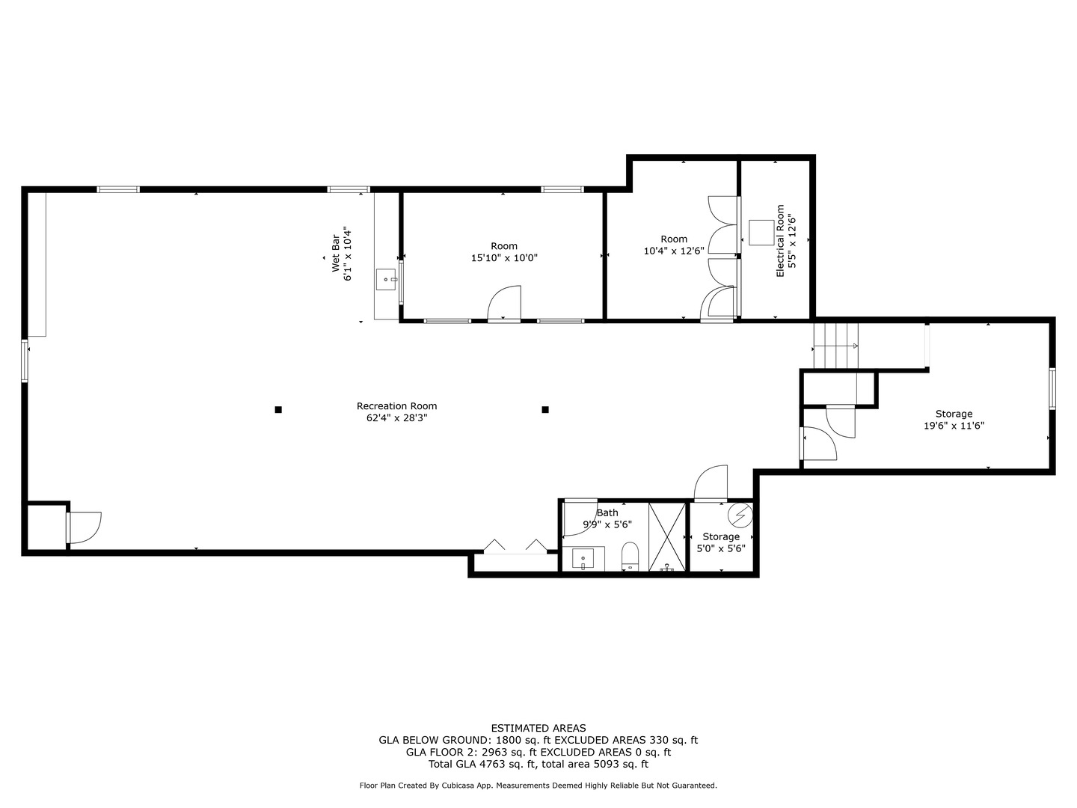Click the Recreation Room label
click(396, 406)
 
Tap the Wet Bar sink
click(387, 280)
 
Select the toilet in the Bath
click(630, 556)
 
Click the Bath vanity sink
click(583, 559)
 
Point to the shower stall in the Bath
click(667, 537)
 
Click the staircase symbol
click(836, 346)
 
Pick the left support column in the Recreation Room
click(278, 409)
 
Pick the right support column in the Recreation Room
click(545, 409)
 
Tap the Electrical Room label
click(780, 241)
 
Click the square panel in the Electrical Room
click(761, 232)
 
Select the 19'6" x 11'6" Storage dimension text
click(954, 426)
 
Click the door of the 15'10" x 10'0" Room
click(504, 304)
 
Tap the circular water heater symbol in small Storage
click(740, 515)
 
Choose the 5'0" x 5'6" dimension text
click(721, 548)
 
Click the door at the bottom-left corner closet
click(84, 527)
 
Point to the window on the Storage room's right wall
click(1052, 389)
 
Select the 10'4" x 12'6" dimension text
click(674, 251)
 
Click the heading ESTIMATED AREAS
click(538, 728)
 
